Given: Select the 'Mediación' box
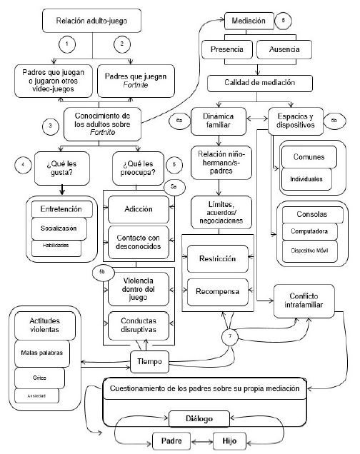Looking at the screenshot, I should coord(249,21).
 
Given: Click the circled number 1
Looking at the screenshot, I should coord(65,45).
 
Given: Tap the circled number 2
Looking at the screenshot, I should coord(123,45).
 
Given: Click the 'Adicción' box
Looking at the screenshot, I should coord(137,208).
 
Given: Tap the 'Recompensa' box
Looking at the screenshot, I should coord(219,291).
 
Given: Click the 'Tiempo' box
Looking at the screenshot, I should coord(149,361).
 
